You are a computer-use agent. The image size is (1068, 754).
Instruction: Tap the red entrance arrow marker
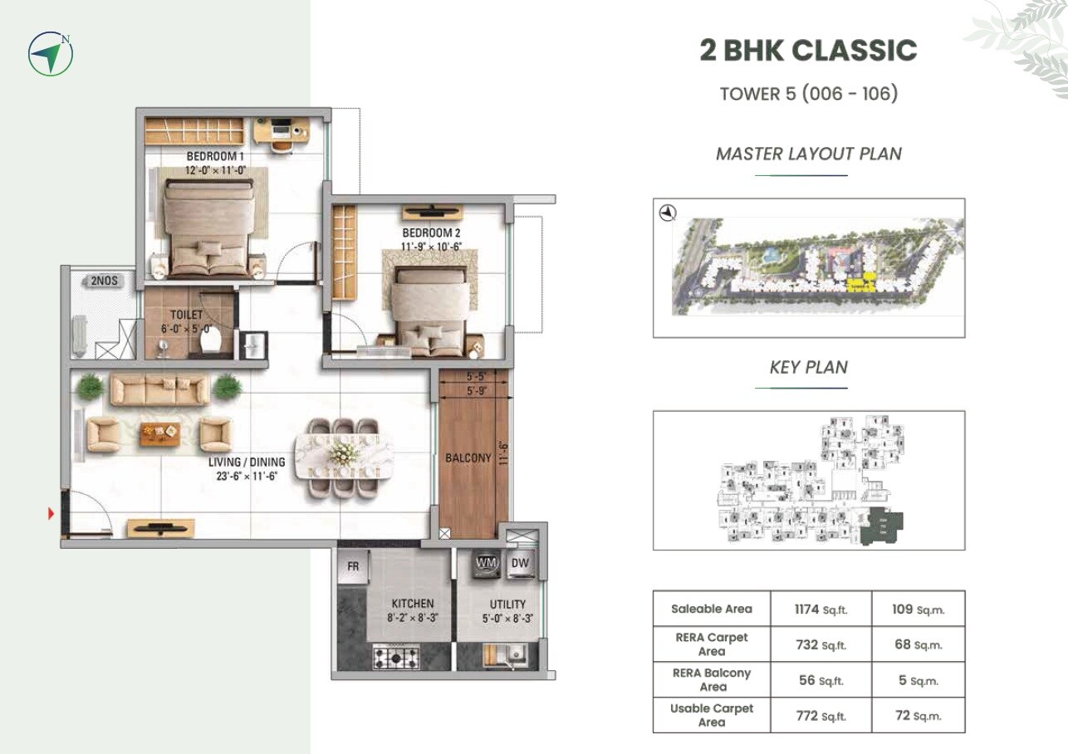(51, 515)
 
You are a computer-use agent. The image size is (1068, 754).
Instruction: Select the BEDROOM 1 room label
(215, 156)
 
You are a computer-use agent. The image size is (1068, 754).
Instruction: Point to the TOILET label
(186, 316)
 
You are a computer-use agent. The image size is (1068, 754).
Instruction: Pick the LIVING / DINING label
(247, 463)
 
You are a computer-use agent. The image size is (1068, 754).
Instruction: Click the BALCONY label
(468, 458)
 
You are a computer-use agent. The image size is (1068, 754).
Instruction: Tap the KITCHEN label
(412, 604)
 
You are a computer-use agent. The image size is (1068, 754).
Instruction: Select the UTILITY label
(507, 605)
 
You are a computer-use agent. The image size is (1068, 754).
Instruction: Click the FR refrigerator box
(353, 566)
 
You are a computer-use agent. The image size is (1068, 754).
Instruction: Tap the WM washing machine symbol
(485, 563)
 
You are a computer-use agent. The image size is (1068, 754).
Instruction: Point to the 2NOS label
(103, 282)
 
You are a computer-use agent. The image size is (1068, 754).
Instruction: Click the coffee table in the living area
(159, 431)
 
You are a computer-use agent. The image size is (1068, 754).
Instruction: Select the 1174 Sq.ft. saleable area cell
(821, 609)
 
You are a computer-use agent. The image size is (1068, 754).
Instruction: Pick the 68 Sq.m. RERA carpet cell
(918, 644)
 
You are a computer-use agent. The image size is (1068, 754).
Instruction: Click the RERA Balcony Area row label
(712, 679)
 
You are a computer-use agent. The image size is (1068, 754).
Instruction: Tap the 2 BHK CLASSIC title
(808, 51)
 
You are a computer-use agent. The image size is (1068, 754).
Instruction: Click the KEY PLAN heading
(808, 367)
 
